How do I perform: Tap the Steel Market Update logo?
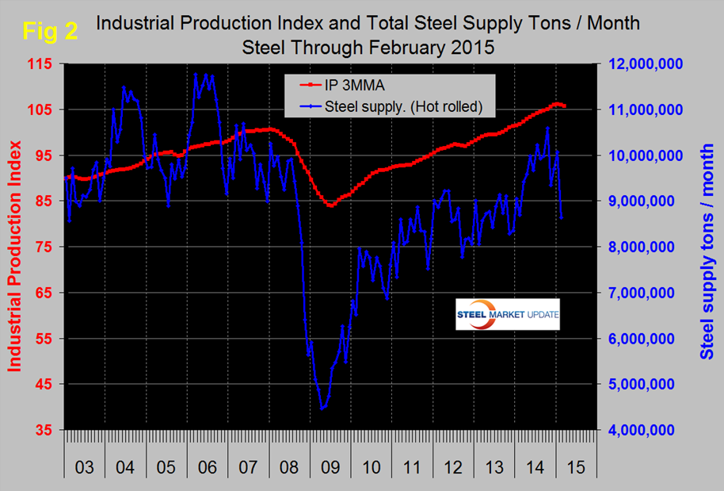pyautogui.click(x=508, y=315)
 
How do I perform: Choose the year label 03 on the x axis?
pyautogui.click(x=84, y=467)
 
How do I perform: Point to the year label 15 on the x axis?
pyautogui.click(x=576, y=467)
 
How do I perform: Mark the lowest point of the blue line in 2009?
pyautogui.click(x=322, y=409)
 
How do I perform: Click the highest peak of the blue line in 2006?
pyautogui.click(x=196, y=74)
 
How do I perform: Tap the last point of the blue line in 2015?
pyautogui.click(x=562, y=217)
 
